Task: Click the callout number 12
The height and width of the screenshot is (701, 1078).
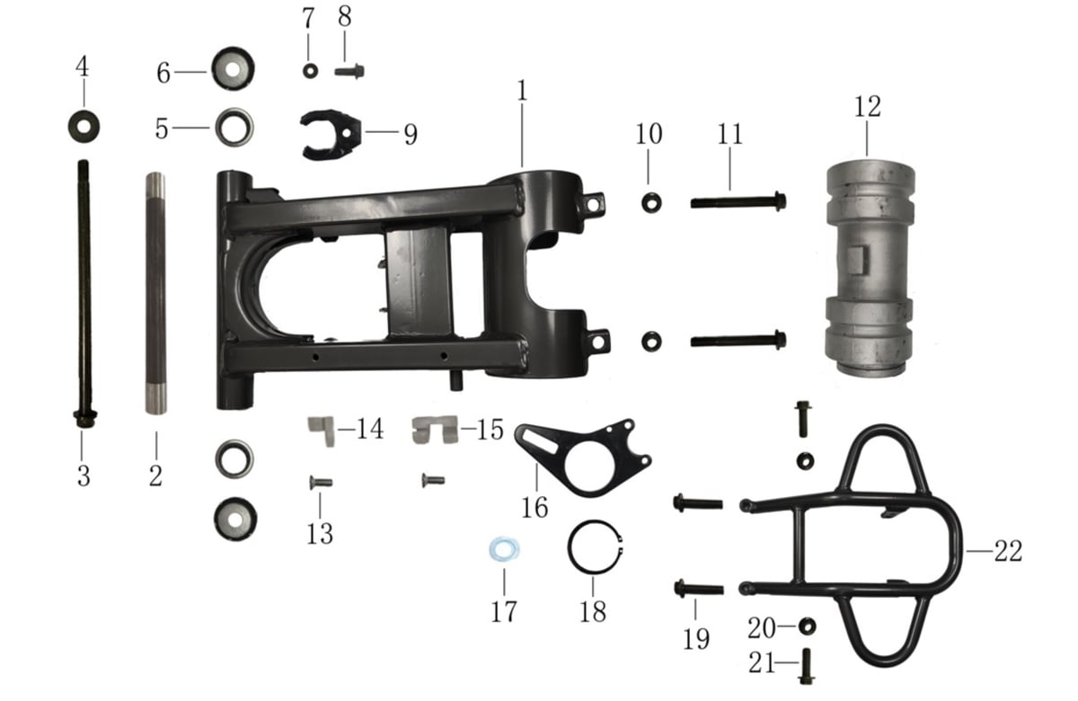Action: (867, 106)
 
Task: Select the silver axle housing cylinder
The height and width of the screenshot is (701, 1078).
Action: (870, 268)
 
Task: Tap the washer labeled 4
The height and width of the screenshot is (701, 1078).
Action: (84, 126)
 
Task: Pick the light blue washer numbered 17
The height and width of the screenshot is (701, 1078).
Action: (504, 550)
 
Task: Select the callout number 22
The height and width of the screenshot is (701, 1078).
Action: (1008, 551)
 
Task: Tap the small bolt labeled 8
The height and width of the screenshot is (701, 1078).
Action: (349, 72)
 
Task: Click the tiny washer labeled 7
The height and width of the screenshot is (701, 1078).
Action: (310, 71)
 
